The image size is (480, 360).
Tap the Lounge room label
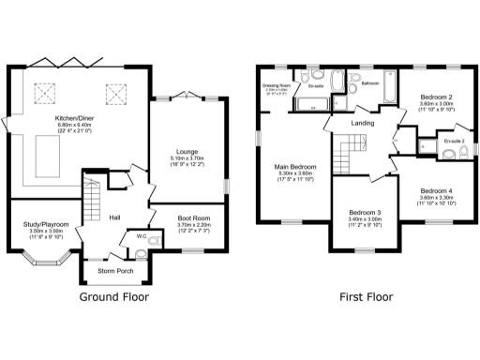[x=187, y=151]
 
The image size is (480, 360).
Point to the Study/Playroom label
[x=45, y=224]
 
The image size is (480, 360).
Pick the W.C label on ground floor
[x=141, y=235]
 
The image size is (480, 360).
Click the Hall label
[x=113, y=217]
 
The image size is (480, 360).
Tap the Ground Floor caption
[x=115, y=297]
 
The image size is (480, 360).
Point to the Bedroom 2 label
[x=436, y=97]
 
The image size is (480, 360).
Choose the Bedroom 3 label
[x=366, y=212]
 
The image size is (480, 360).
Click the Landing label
[x=363, y=123]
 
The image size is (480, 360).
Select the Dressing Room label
[x=276, y=85]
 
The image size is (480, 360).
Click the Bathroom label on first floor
[x=369, y=83]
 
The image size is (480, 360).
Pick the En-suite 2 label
[x=454, y=141]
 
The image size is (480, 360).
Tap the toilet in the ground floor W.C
[x=153, y=241]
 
